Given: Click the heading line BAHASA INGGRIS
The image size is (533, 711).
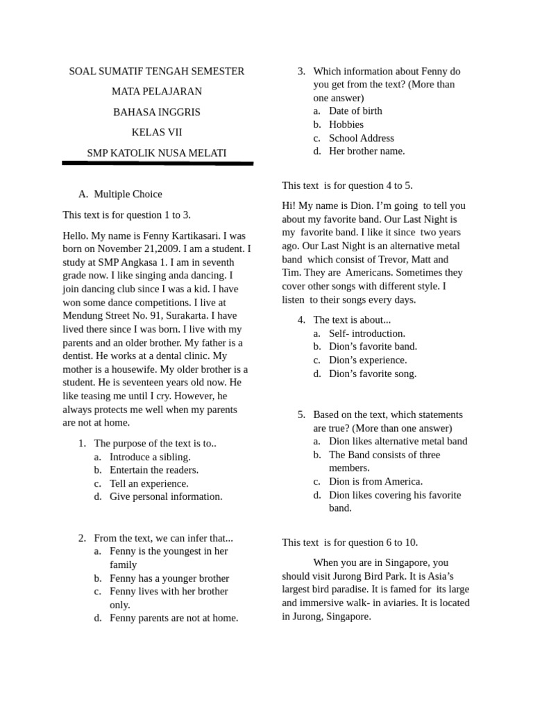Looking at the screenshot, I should (157, 112).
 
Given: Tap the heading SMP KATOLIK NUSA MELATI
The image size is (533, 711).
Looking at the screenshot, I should (157, 153).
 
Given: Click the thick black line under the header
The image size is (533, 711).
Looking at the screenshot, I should (158, 164).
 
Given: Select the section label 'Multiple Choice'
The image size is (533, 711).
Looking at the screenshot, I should (128, 194).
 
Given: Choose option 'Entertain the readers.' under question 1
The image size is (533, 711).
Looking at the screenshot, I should (154, 470).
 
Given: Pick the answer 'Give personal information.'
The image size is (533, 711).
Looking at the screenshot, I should (166, 496).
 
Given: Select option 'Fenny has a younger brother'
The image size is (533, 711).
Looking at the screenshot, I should (169, 578).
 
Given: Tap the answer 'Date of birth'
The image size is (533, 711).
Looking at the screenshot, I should (355, 111).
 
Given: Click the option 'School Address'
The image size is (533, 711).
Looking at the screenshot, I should (361, 137).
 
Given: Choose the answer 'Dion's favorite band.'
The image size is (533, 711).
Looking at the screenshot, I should (373, 346).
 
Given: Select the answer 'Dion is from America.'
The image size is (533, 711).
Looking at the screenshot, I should (375, 481).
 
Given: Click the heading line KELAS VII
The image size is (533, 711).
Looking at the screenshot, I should (157, 133).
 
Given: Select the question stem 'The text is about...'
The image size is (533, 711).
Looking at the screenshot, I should (352, 320).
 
